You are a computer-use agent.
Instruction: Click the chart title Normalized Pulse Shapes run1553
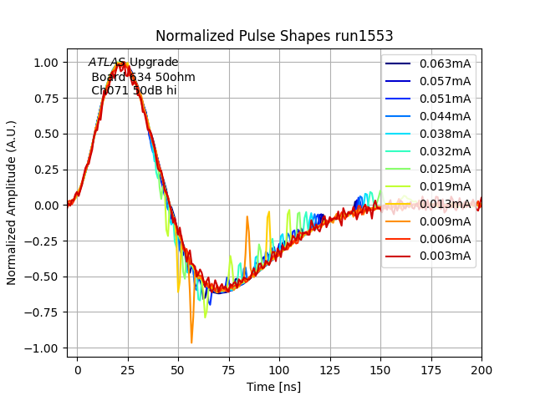coord(274,36)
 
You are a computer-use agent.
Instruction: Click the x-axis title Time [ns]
coord(274,387)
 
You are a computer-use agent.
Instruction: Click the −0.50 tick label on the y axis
coord(44,277)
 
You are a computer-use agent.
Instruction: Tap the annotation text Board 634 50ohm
coord(143,77)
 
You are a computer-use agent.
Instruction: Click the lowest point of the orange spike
coord(191,343)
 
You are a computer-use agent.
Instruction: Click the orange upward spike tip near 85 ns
coord(247,216)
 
